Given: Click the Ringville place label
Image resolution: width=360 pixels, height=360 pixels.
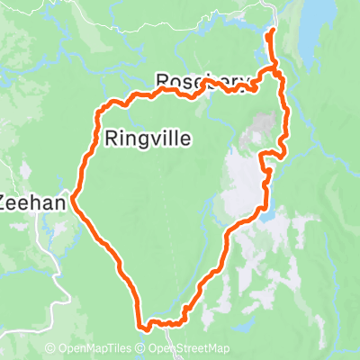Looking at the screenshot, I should click(x=148, y=139).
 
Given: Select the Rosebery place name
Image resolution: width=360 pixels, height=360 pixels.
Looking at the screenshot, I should click(x=202, y=81).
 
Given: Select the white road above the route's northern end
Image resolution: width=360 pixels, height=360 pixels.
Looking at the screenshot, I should click(x=274, y=13).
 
